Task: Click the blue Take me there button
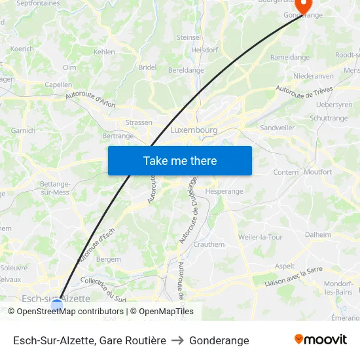point(180,160)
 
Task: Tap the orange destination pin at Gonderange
point(303,6)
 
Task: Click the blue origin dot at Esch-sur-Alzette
point(57,304)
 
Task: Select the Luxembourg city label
point(194,130)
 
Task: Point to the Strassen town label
point(138,122)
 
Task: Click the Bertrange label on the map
point(118,136)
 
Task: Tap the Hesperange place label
point(225,191)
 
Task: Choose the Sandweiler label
point(278,128)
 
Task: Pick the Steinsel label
point(189,37)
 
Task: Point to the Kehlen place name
point(104,52)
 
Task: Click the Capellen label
point(58,84)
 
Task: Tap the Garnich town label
point(24,131)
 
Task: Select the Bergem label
point(109,259)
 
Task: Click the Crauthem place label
point(209,244)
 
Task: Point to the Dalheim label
point(318,234)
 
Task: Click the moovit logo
point(321,340)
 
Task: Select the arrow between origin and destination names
point(178,340)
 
